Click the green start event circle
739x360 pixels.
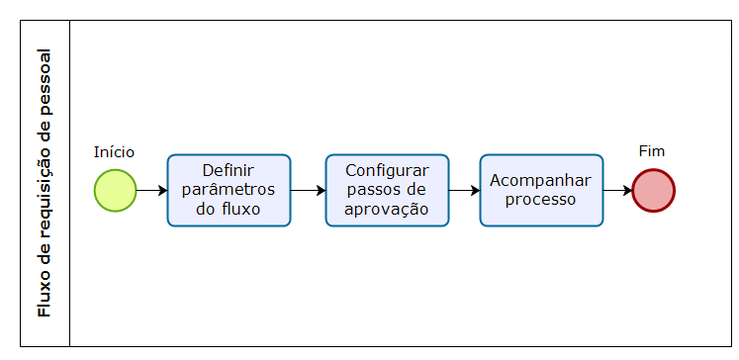(115, 190)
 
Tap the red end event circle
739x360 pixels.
(653, 190)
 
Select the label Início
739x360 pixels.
(114, 151)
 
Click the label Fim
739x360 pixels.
(652, 151)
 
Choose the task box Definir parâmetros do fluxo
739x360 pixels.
(229, 190)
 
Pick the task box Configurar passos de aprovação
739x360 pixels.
(387, 190)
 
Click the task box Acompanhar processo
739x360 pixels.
(541, 190)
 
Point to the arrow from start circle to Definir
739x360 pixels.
(151, 190)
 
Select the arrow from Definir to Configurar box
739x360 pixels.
(308, 190)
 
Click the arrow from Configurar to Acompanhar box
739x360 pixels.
(464, 190)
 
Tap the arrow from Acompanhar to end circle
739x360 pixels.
(617, 190)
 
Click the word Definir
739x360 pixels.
(229, 170)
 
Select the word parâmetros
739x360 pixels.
(229, 189)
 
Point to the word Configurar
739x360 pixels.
(387, 170)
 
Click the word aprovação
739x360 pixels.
(387, 209)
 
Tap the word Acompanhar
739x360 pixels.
(541, 180)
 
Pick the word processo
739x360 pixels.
(541, 199)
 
